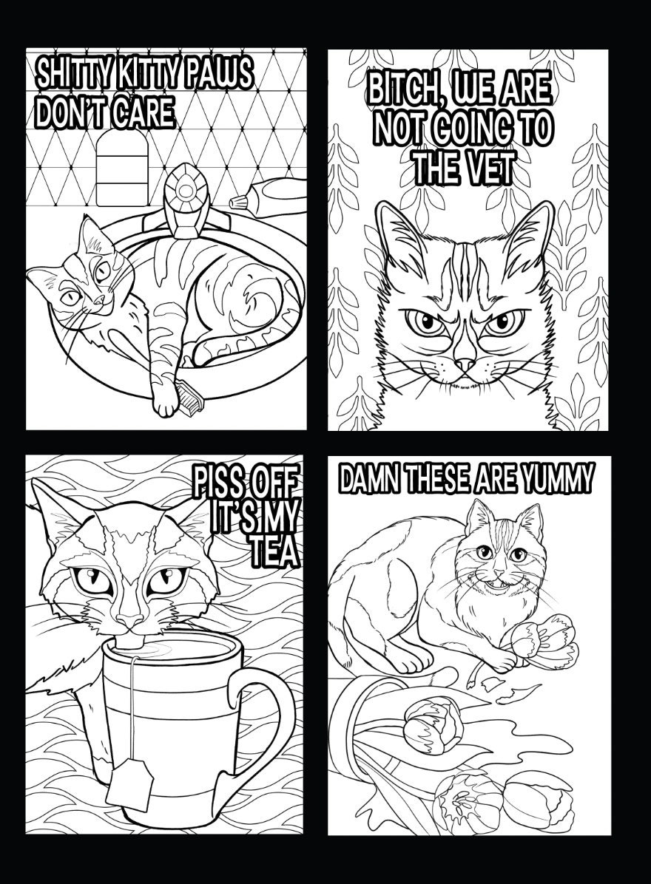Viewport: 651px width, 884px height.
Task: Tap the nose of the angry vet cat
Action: (x=465, y=364)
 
